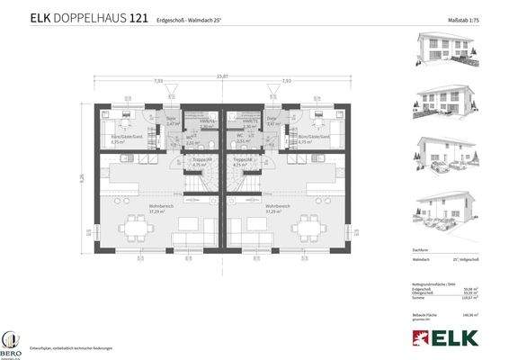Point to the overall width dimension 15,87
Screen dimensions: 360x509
point(221,76)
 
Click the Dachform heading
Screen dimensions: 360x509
point(418,248)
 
